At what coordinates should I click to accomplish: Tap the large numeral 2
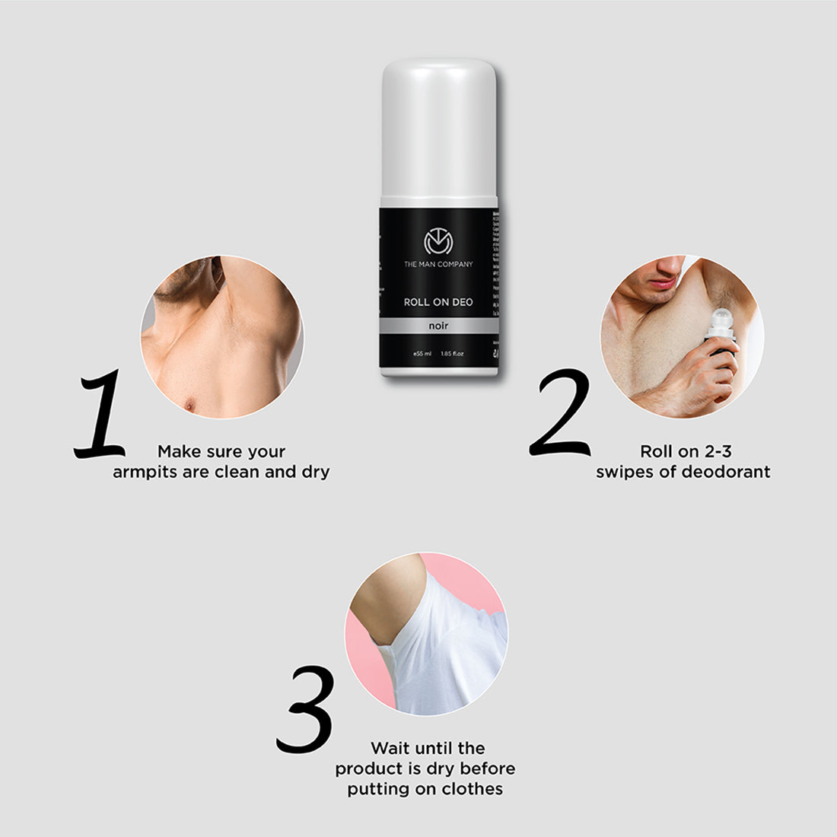[x=561, y=413]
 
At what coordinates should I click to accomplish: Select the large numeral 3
[x=305, y=709]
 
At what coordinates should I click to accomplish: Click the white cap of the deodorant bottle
[x=438, y=129]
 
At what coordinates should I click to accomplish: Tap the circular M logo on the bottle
[x=438, y=242]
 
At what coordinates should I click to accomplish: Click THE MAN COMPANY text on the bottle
[x=438, y=265]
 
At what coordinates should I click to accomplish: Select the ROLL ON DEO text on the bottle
[x=438, y=302]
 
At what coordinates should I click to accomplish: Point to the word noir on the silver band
[x=438, y=326]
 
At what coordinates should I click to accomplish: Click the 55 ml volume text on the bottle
[x=423, y=354]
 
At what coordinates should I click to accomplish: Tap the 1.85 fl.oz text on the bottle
[x=453, y=354]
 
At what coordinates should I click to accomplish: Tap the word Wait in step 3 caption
[x=390, y=749]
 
